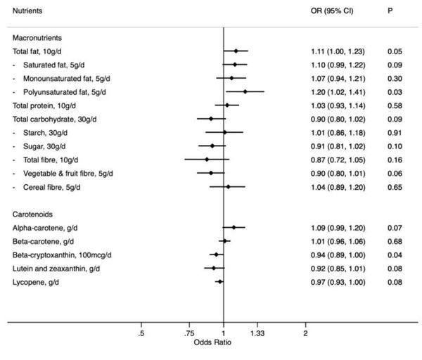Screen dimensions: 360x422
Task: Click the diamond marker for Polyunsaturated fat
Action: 245,91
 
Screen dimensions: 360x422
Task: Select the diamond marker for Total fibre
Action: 207,159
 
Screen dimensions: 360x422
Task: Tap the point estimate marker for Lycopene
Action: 220,281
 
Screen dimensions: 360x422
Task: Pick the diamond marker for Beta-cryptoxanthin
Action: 216,255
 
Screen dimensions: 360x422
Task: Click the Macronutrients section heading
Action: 39,37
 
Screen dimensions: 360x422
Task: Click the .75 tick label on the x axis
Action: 188,333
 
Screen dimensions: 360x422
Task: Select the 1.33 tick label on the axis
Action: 257,333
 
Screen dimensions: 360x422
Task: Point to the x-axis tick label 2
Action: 305,333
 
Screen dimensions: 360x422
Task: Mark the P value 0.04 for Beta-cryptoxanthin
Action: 394,255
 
